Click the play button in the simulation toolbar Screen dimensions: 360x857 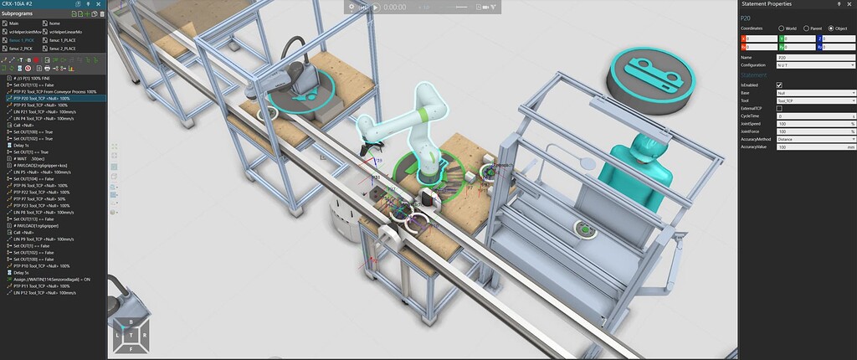point(376,7)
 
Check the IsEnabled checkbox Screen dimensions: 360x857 point(780,85)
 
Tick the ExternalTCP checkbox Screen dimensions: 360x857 point(780,108)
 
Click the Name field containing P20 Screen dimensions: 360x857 point(814,57)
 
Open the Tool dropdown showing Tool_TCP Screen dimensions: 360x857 point(814,100)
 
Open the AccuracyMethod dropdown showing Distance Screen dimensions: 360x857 point(814,139)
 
